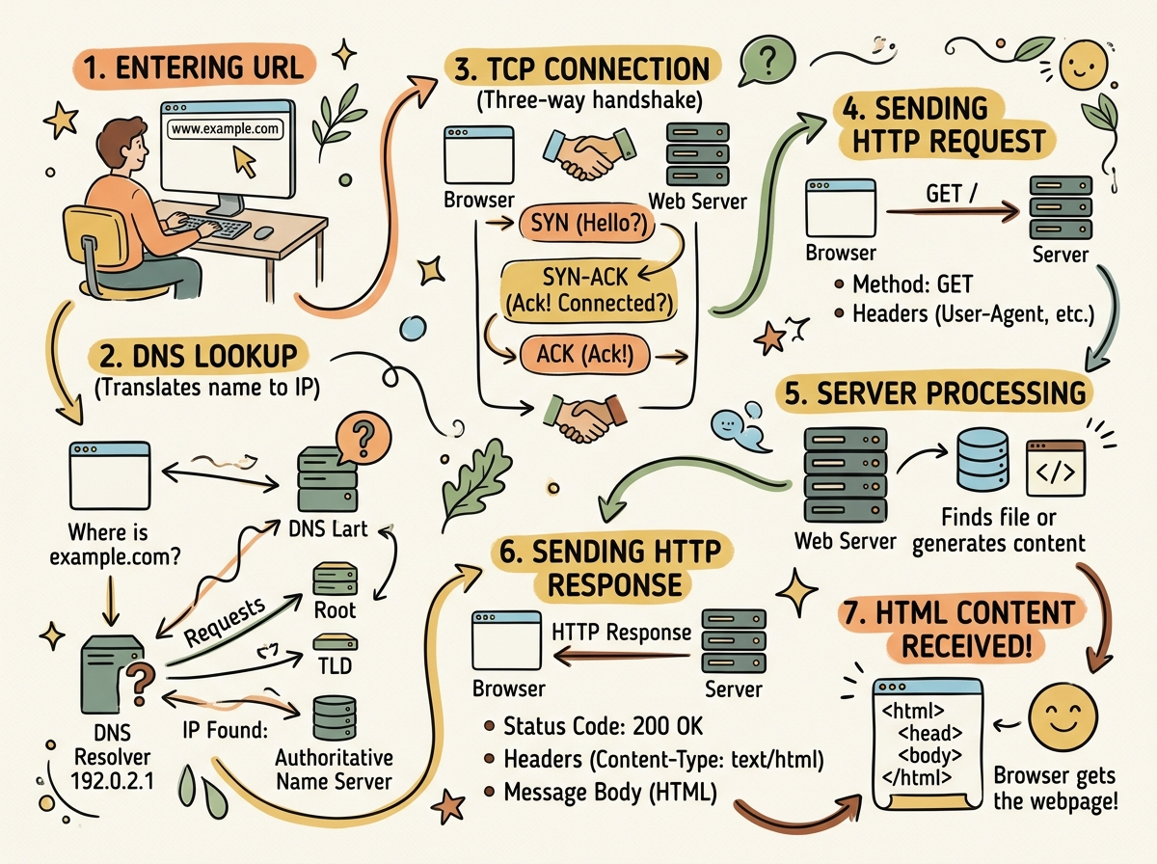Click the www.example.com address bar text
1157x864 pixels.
[226, 127]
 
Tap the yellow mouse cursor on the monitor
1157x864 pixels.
[246, 163]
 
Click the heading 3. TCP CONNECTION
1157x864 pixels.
[581, 69]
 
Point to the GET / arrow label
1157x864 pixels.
[951, 194]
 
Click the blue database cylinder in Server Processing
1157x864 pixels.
[982, 461]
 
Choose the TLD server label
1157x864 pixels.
[335, 665]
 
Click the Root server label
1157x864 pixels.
[335, 609]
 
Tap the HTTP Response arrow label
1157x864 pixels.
[622, 633]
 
